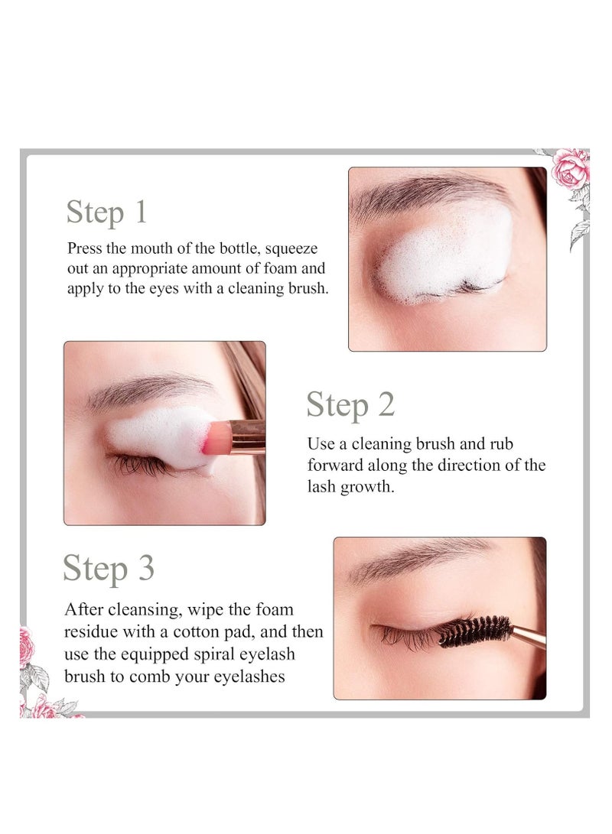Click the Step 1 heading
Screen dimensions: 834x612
click(x=106, y=212)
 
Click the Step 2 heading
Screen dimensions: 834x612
click(x=350, y=404)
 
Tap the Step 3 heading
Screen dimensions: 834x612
click(x=109, y=569)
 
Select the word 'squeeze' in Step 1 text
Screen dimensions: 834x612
click(x=291, y=248)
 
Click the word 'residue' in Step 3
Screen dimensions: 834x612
click(x=92, y=633)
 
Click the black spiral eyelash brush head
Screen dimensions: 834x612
click(x=472, y=631)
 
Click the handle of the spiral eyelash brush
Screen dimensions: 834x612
click(x=528, y=635)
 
